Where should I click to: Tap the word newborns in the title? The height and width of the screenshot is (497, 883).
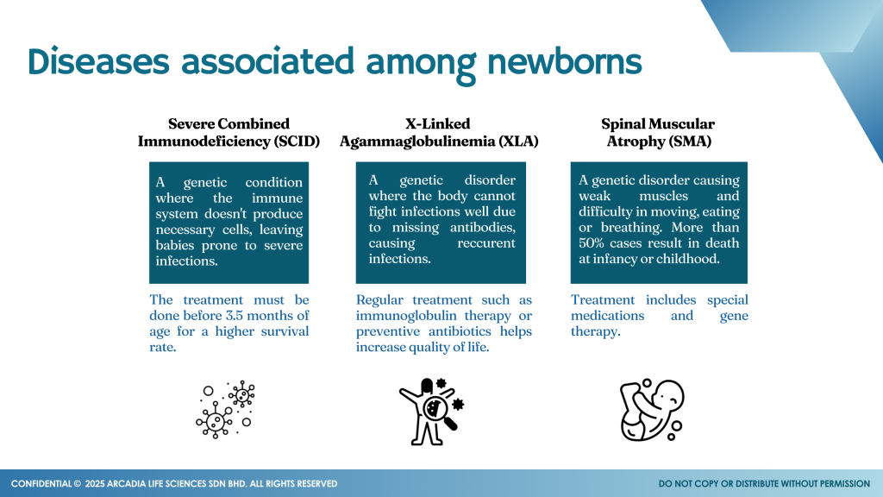coord(564,62)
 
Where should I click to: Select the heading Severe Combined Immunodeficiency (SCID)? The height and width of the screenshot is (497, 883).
coord(229,133)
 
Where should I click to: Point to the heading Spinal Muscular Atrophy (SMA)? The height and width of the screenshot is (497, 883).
coord(658,133)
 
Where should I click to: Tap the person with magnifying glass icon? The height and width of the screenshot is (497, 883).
coord(432,405)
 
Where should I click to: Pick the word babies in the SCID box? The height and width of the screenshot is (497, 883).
coord(180,245)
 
